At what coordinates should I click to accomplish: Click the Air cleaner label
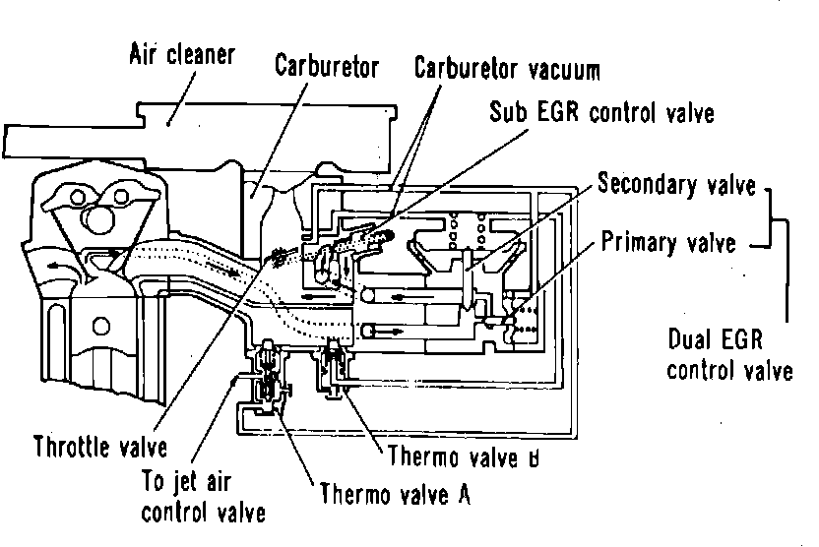(x=183, y=54)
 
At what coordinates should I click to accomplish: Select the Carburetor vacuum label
(x=507, y=71)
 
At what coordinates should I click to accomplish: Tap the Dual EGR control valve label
(x=729, y=355)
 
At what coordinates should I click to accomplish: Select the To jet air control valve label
(x=203, y=497)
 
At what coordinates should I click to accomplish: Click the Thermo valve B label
(x=462, y=456)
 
